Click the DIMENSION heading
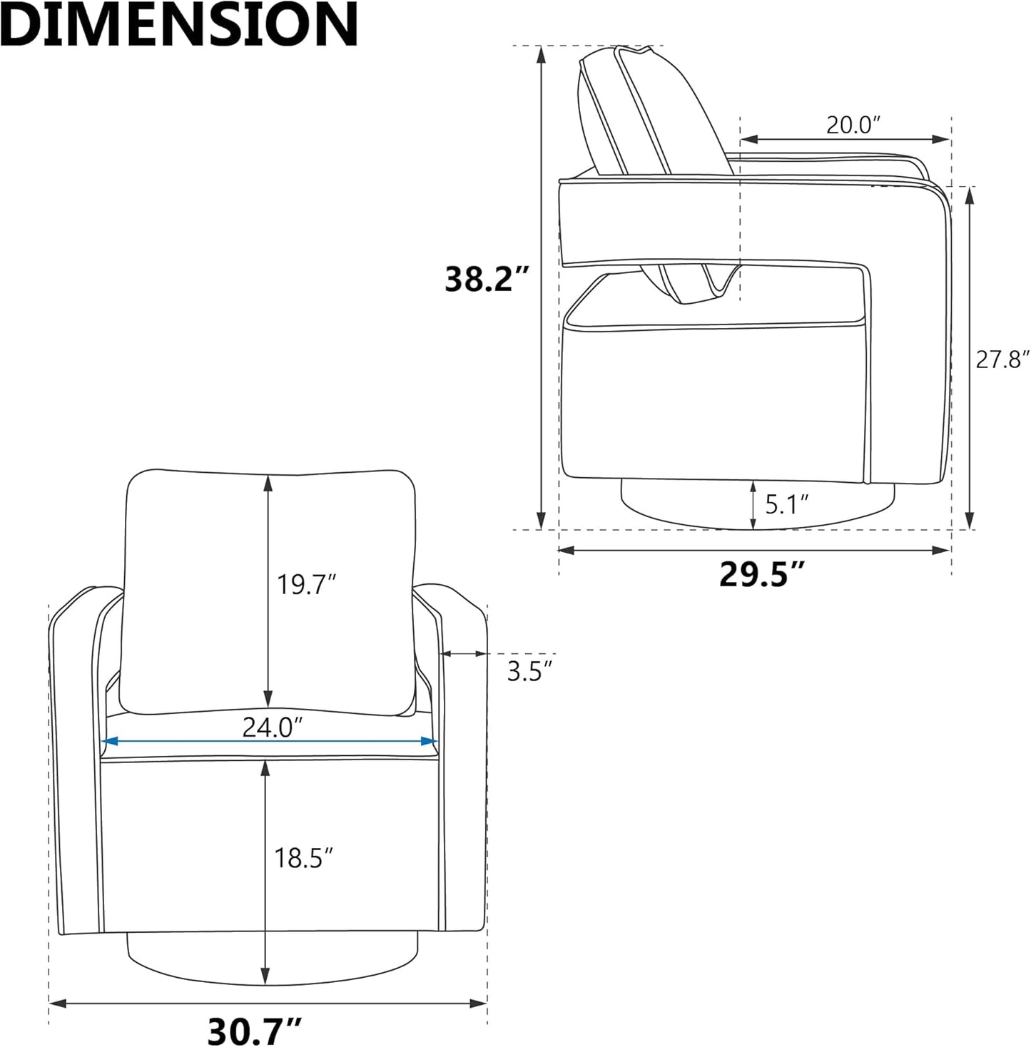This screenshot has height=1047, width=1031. [179, 24]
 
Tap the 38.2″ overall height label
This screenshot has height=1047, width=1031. [486, 279]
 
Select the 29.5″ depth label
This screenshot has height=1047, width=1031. [761, 573]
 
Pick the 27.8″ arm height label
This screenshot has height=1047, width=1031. [1002, 359]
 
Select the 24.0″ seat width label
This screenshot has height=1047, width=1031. [273, 727]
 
